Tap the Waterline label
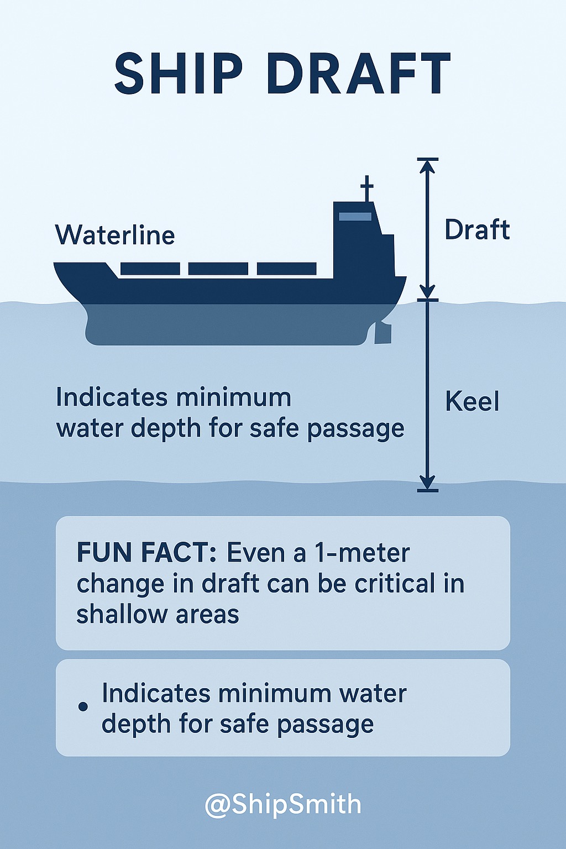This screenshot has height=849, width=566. tap(115, 235)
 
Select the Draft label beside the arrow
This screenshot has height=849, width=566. tap(477, 230)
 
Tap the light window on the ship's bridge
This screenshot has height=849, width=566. tap(355, 217)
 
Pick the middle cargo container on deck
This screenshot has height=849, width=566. tap(218, 269)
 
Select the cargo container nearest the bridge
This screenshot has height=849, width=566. tap(287, 269)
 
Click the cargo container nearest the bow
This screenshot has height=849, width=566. tap(150, 269)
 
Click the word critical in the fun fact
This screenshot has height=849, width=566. tap(394, 583)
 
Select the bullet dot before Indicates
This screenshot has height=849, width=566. tap(83, 706)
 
